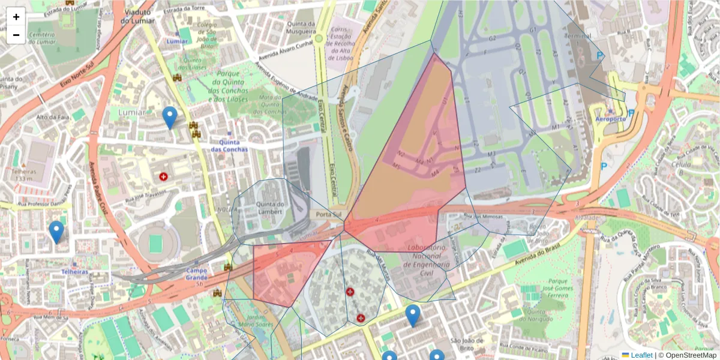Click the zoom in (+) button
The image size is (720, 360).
pyautogui.click(x=16, y=17)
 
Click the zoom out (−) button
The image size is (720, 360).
pyautogui.click(x=16, y=35)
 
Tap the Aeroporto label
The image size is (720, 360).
pyautogui.click(x=611, y=119)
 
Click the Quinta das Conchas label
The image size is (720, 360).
pyautogui.click(x=229, y=145)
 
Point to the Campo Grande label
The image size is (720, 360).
pyautogui.click(x=197, y=274)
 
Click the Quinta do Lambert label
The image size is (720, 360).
pyautogui.click(x=270, y=208)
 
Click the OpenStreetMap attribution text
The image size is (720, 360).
pyautogui.click(x=691, y=355)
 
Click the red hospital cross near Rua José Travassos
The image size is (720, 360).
pyautogui.click(x=163, y=176)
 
